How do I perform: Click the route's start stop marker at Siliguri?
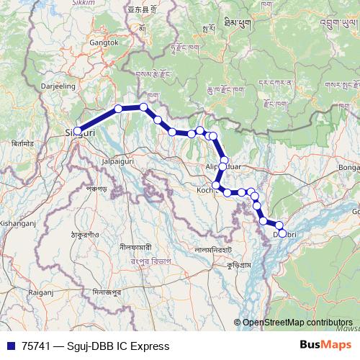point(78,131)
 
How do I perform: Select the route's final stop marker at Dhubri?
point(282,232)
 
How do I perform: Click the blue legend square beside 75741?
point(10,346)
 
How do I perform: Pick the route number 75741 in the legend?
point(37,346)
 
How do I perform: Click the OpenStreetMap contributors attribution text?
point(297,323)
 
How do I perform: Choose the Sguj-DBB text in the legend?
point(98,346)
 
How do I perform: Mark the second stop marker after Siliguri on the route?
point(144,107)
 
